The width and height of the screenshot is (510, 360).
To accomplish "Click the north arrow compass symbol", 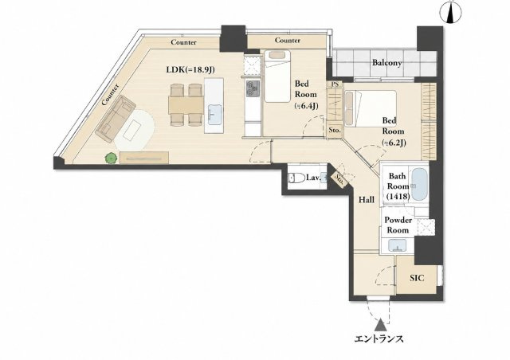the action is point(450,13).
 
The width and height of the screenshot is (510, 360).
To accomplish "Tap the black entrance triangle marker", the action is point(380,325).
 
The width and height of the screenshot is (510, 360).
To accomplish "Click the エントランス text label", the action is point(379,339).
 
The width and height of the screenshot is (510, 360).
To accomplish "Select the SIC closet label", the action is point(417,278).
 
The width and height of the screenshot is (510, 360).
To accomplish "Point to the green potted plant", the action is point(111,158).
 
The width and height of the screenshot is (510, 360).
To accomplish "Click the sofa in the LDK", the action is point(116,119).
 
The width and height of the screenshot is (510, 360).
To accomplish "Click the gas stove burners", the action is point(253,88).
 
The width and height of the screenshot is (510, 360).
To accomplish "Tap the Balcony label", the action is point(386,63).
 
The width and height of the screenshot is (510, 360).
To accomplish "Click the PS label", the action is point(335,84).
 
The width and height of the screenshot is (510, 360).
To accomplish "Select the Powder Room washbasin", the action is point(397,245).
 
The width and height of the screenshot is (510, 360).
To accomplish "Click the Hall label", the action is point(367,200).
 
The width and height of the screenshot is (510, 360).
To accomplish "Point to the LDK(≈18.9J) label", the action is point(190,69).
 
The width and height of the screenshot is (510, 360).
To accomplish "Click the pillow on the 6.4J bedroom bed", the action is point(277,55).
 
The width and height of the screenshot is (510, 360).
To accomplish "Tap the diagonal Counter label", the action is point(110,95).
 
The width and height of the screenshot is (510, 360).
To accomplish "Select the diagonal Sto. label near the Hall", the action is point(339,179).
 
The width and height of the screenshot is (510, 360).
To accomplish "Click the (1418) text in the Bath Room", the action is point(398,196).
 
